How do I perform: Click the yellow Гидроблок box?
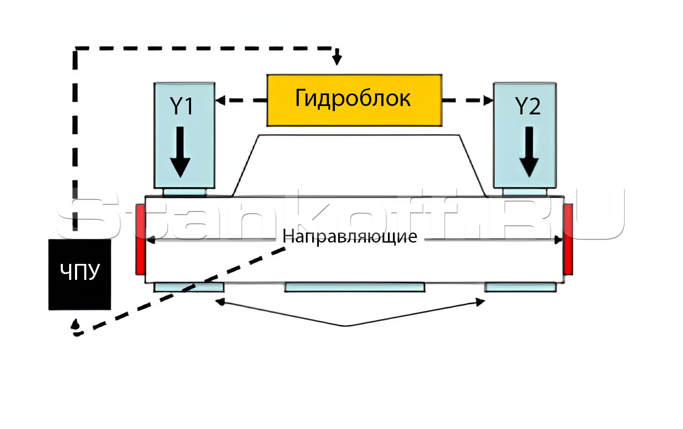coord(354,100)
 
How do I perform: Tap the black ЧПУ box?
coord(80,274)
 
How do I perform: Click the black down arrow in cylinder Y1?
coord(180,153)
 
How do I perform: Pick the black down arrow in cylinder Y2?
coord(529,153)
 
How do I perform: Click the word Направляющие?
coord(349,237)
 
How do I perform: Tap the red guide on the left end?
coord(140,239)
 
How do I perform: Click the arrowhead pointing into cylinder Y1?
coord(220,101)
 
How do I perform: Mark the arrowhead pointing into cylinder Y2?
coord(489,101)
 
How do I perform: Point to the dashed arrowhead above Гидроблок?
coord(337,60)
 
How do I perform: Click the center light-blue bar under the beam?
coord(354,287)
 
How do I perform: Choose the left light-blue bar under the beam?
coord(189,287)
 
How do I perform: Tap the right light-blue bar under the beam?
coord(520,287)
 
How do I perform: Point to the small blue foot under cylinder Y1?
coord(184,192)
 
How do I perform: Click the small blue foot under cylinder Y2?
coord(525,192)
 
